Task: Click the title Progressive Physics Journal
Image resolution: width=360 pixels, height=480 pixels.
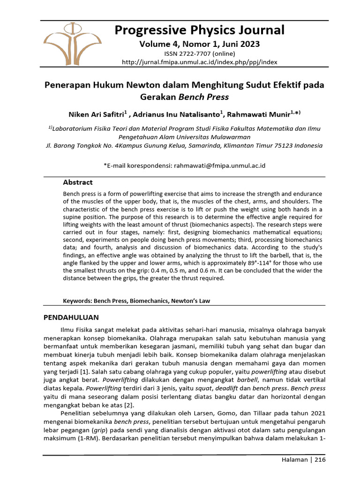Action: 199,30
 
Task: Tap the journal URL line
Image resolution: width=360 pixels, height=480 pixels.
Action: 199,62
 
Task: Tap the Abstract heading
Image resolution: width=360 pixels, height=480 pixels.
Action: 78,182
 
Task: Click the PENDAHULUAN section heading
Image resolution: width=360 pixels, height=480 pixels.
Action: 71,317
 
